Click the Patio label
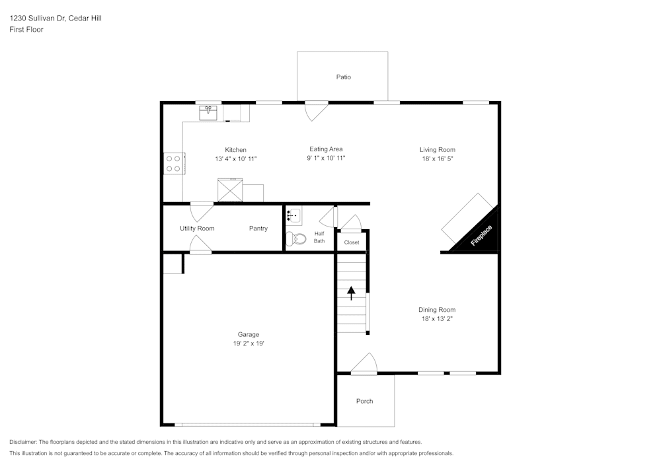[x=343, y=77]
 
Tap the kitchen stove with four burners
[x=174, y=163]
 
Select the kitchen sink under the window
[x=209, y=112]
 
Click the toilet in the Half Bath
[x=295, y=239]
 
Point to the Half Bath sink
[x=293, y=215]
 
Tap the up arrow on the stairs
[x=351, y=292]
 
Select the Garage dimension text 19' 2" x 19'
[x=249, y=343]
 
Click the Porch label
[x=364, y=401]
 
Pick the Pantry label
[x=258, y=229]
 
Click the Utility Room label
[x=197, y=229]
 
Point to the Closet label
[x=352, y=242]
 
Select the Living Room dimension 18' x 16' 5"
[x=438, y=159]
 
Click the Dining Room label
[x=437, y=310]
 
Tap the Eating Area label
[x=326, y=149]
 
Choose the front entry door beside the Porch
[x=364, y=364]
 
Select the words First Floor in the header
[x=26, y=30]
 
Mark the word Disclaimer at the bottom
[x=23, y=442]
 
